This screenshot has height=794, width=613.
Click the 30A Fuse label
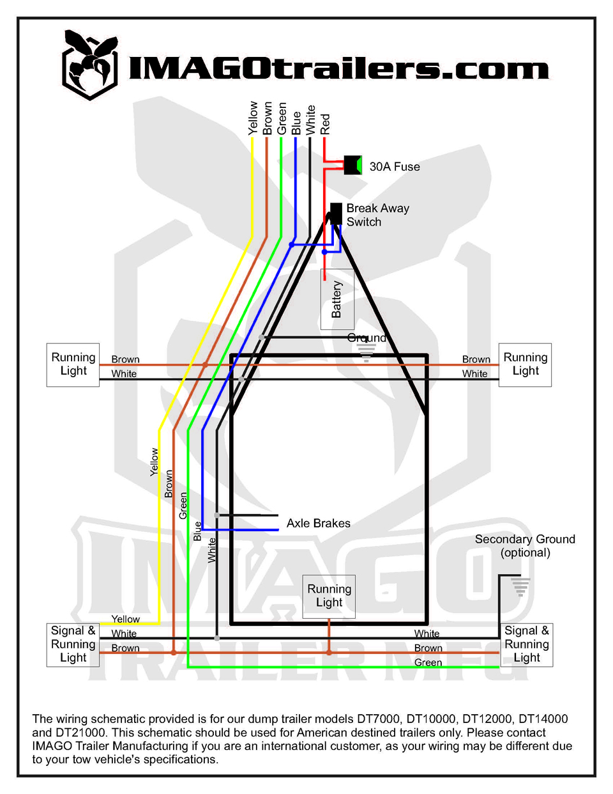pos(395,167)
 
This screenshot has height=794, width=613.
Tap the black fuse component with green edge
pos(353,165)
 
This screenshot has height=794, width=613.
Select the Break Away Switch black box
pos(336,214)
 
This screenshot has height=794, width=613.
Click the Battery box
pos(337,299)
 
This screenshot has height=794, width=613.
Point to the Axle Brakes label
pos(318,523)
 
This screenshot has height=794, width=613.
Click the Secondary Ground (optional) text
pos(525,545)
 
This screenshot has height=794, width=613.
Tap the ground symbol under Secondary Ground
pos(520,587)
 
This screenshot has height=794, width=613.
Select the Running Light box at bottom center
pos(329,596)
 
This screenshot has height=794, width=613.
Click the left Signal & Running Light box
pos(73,645)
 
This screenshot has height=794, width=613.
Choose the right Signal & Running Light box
pos(527,645)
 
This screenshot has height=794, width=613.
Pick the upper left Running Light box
pos(73,364)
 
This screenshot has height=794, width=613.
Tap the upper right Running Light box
pos(525,364)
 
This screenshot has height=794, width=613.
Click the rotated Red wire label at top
pos(325,124)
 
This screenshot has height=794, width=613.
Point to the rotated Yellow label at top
pos(252,118)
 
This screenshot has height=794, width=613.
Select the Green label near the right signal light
pos(428,662)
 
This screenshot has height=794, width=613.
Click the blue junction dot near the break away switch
pos(292,245)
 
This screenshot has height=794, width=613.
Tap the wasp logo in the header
pos(90,65)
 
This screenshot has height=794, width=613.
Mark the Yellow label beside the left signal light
pos(126,619)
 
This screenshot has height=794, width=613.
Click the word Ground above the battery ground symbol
pos(367,338)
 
